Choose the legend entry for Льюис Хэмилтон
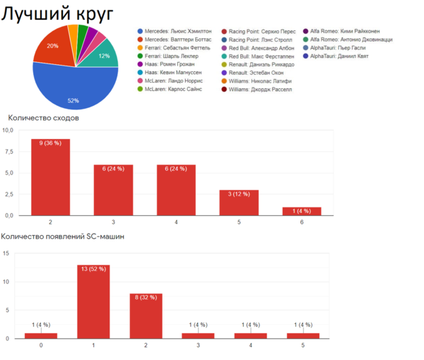click(177, 32)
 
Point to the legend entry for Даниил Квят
click(339, 56)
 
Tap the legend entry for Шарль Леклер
click(172, 56)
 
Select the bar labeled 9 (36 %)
click(51, 176)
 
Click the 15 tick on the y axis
click(6, 253)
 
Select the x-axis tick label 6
click(301, 222)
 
